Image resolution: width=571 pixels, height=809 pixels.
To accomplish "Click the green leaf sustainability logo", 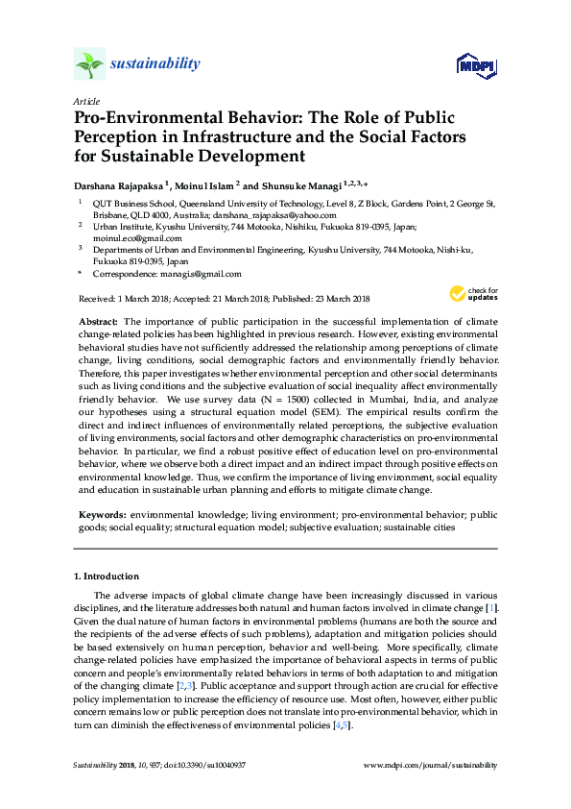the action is pos(88,64).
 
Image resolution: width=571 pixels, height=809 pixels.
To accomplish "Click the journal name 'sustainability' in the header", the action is pos(155,64).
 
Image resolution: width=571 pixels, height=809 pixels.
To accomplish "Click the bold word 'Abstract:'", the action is pos(97,321).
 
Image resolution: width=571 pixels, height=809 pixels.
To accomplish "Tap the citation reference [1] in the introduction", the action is pos(491,608).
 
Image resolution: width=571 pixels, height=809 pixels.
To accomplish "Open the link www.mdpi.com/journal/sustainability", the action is pos(432,765).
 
